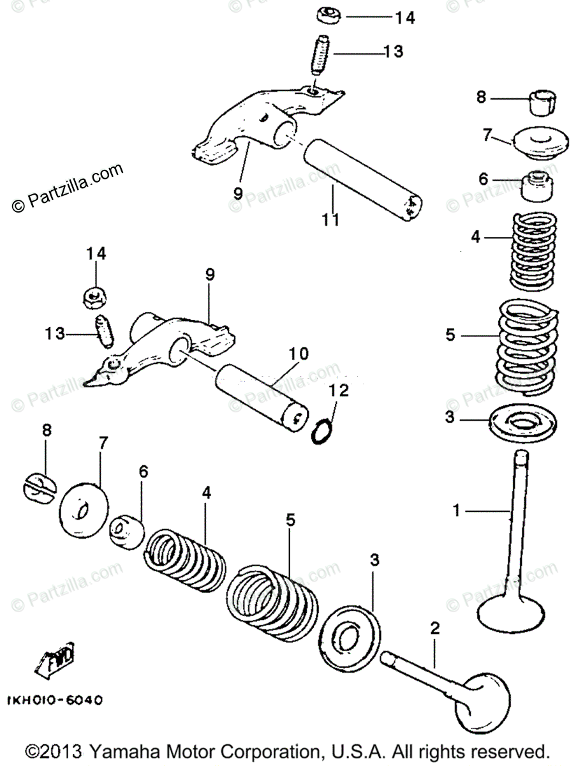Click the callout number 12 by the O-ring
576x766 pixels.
[339, 390]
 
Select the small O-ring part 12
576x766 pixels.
[323, 432]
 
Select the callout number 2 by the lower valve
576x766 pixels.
[435, 628]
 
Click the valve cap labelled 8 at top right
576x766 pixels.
[541, 101]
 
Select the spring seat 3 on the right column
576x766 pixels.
[524, 421]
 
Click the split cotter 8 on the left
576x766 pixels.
[40, 488]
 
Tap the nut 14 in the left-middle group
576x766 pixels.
[96, 296]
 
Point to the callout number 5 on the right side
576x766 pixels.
[450, 334]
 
